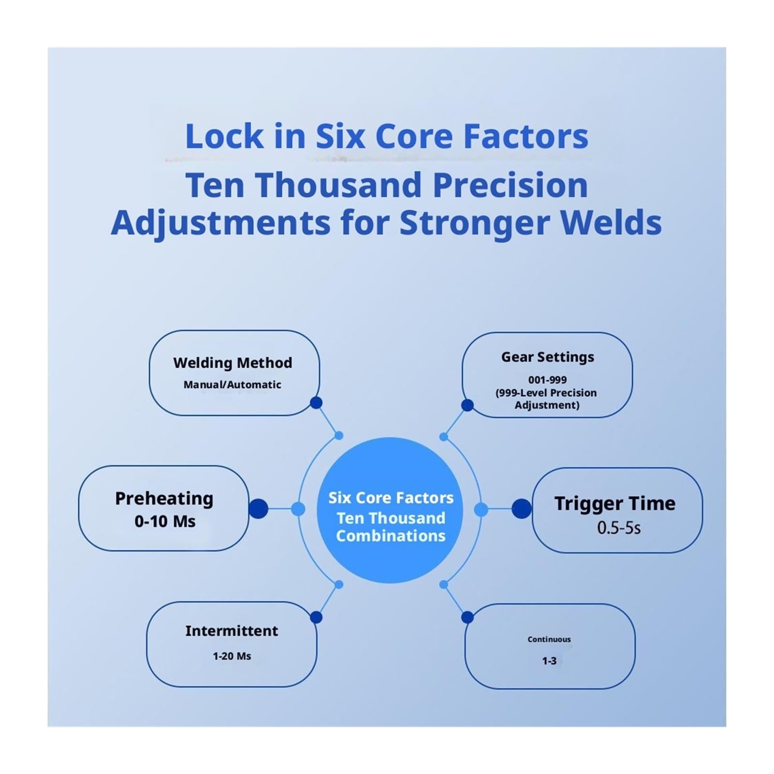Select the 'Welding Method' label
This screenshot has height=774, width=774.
coord(233,363)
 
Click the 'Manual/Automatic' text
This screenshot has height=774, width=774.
coord(232,385)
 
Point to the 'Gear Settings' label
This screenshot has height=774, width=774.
coord(548,357)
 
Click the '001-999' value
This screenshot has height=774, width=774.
coord(547,380)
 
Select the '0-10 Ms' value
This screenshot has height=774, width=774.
coord(165,521)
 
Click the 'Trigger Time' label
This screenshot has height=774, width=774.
coord(615,504)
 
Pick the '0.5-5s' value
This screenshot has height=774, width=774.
coord(619,528)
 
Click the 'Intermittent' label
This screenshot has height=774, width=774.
coord(232,631)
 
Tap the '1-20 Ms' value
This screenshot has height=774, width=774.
coord(232,656)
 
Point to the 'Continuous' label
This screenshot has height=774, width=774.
coord(549,639)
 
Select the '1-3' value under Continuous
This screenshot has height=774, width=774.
coord(549,661)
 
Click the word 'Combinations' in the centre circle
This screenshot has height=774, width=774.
coord(391,536)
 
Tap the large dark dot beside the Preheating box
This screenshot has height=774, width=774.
coord(258,508)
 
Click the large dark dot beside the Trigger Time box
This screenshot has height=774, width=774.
coord(521,508)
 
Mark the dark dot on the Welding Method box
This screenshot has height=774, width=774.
coord(316,402)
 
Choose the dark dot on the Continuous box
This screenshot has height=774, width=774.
coord(467,617)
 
